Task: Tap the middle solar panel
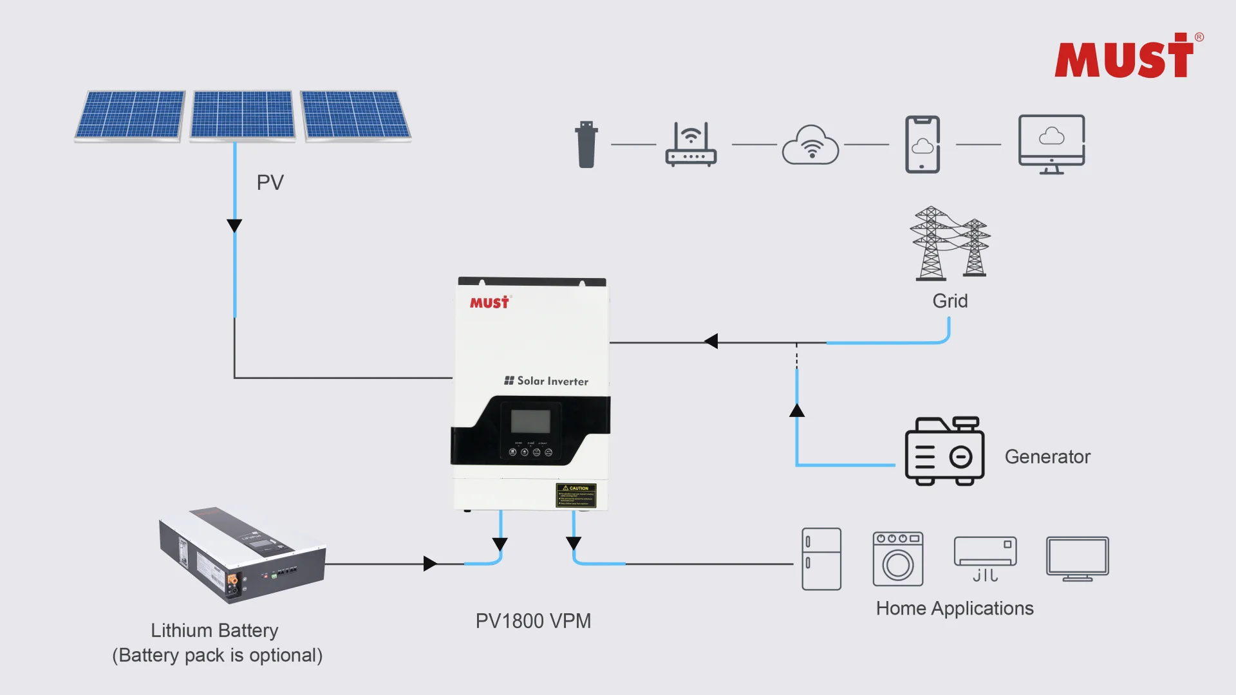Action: (243, 115)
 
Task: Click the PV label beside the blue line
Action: (270, 183)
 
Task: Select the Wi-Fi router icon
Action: (691, 145)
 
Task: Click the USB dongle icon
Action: (586, 145)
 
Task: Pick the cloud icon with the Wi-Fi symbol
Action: (810, 145)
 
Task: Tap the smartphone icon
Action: (922, 145)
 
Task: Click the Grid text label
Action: (950, 301)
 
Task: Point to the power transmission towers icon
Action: (950, 244)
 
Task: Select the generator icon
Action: (944, 452)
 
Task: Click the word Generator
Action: (1047, 457)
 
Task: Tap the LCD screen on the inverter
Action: (530, 422)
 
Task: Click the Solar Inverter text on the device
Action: (552, 381)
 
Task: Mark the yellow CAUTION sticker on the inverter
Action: (576, 496)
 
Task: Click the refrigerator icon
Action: (821, 559)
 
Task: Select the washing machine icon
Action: (897, 559)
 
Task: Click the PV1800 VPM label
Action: (533, 621)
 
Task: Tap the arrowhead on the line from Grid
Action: (711, 342)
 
